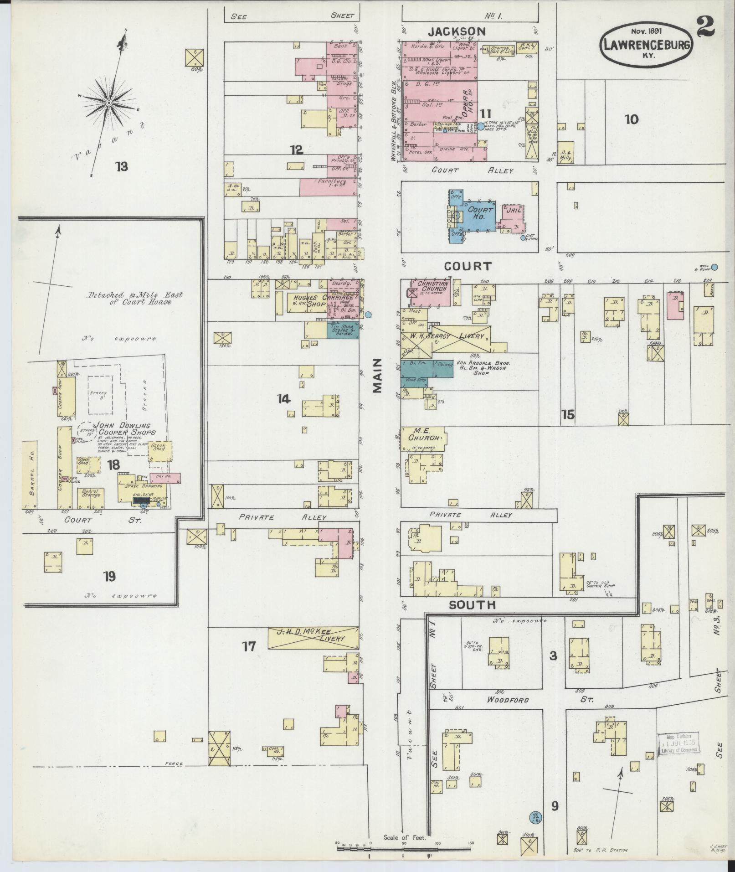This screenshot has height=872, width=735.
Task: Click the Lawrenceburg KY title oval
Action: (647, 44)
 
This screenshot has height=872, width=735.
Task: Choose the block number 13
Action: (121, 166)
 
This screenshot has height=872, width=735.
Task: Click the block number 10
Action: (632, 119)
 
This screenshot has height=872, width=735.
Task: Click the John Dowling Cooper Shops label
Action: (124, 429)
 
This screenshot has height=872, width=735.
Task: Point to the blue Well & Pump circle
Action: (714, 267)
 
